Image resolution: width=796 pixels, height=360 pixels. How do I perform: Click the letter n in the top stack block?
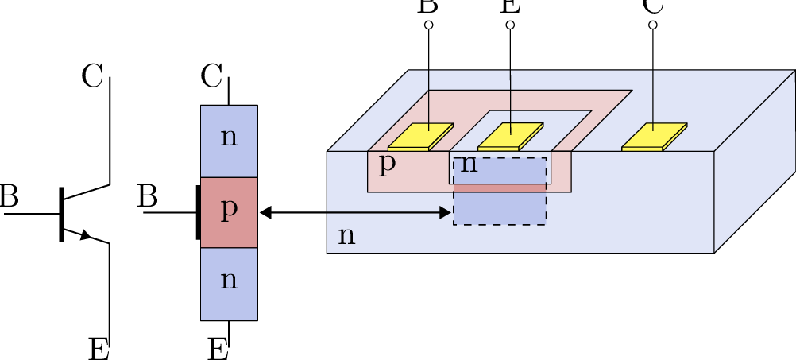coord(229,137)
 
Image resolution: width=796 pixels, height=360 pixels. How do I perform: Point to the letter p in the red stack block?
coord(229,209)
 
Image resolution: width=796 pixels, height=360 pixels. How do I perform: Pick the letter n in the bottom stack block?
coord(229,281)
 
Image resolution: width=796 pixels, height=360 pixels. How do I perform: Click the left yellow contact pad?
coord(420,136)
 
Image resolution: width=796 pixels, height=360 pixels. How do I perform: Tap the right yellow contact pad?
coord(654,136)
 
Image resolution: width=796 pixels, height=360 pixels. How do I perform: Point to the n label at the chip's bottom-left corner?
coord(346,236)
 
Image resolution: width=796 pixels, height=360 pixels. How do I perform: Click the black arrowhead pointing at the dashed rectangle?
coord(446,212)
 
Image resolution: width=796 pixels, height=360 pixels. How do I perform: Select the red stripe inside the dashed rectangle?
coord(500,188)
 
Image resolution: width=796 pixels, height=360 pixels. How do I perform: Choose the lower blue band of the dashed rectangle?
coord(500,208)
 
